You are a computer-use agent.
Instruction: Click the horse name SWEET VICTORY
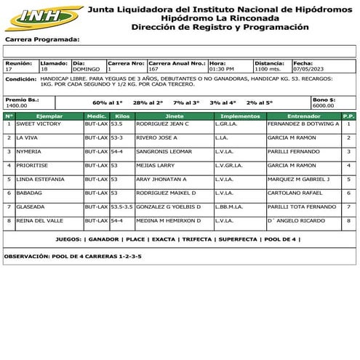pos(39,124)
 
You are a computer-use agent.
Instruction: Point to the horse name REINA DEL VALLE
pos(40,220)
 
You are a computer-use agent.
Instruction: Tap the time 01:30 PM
pos(221,70)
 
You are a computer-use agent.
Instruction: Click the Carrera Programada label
pos(41,39)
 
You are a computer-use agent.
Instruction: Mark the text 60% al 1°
pos(108,103)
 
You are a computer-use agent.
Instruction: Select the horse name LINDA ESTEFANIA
pos(41,180)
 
